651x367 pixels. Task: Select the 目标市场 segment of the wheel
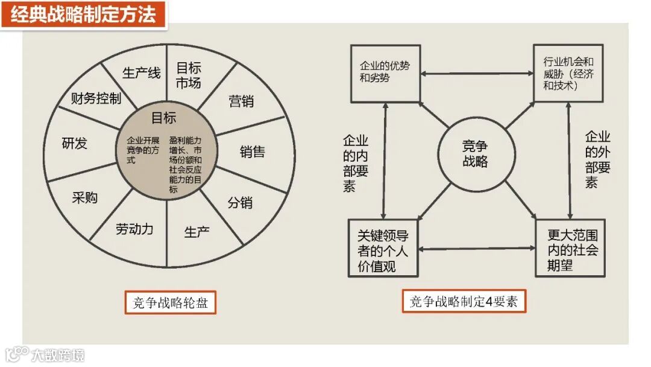click(188, 75)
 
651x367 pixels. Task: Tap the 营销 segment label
click(241, 101)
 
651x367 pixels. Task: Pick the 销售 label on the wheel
click(252, 151)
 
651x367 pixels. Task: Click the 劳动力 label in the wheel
click(134, 229)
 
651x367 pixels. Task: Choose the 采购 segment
click(84, 197)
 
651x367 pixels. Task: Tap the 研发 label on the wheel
click(75, 144)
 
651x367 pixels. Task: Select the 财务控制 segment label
click(96, 98)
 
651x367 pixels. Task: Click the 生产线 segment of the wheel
click(142, 73)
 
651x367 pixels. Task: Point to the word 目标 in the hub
click(164, 118)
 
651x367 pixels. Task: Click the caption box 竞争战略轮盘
click(170, 302)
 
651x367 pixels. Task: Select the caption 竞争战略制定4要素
click(464, 301)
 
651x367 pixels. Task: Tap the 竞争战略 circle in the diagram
click(475, 154)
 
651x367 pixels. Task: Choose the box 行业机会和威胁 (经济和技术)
click(568, 73)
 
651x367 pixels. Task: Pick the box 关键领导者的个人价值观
click(383, 248)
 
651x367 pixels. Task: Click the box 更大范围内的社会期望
click(570, 249)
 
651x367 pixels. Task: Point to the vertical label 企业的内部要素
click(356, 164)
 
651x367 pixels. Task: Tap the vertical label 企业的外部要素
click(598, 161)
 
